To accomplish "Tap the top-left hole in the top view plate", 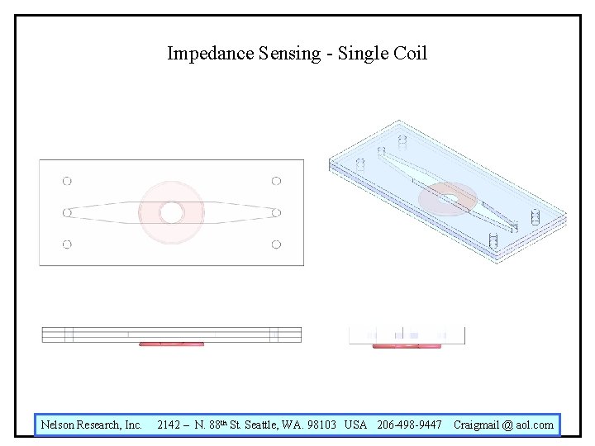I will pyautogui.click(x=67, y=181).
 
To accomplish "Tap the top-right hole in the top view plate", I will pyautogui.click(x=276, y=181).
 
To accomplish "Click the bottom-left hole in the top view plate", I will pyautogui.click(x=67, y=244).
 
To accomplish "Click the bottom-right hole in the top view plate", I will pyautogui.click(x=276, y=244).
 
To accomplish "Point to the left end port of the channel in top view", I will pyautogui.click(x=67, y=213).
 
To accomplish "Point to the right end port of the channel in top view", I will pyautogui.click(x=276, y=213).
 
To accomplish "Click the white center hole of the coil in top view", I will pyautogui.click(x=171, y=213).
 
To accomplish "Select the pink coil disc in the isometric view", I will pyautogui.click(x=447, y=199).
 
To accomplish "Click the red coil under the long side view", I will pyautogui.click(x=171, y=344).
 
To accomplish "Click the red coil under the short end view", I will pyautogui.click(x=407, y=346).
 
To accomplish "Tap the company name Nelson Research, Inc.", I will pyautogui.click(x=92, y=425).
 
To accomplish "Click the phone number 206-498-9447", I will pyautogui.click(x=409, y=425).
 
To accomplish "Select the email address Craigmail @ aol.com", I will pyautogui.click(x=503, y=425).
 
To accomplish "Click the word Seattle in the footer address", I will pyautogui.click(x=264, y=425).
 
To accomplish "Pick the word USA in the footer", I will pyautogui.click(x=355, y=425).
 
